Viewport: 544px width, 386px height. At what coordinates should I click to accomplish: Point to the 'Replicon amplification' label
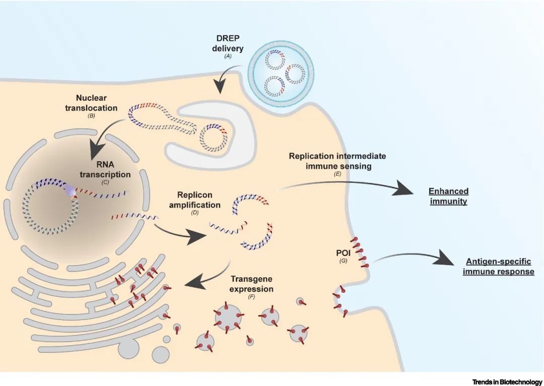click(x=198, y=200)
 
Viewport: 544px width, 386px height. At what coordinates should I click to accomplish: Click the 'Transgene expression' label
click(x=251, y=284)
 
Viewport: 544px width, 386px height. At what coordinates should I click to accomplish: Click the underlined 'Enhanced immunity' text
click(x=448, y=197)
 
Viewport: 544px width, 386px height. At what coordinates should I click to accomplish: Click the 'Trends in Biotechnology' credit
click(x=507, y=382)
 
